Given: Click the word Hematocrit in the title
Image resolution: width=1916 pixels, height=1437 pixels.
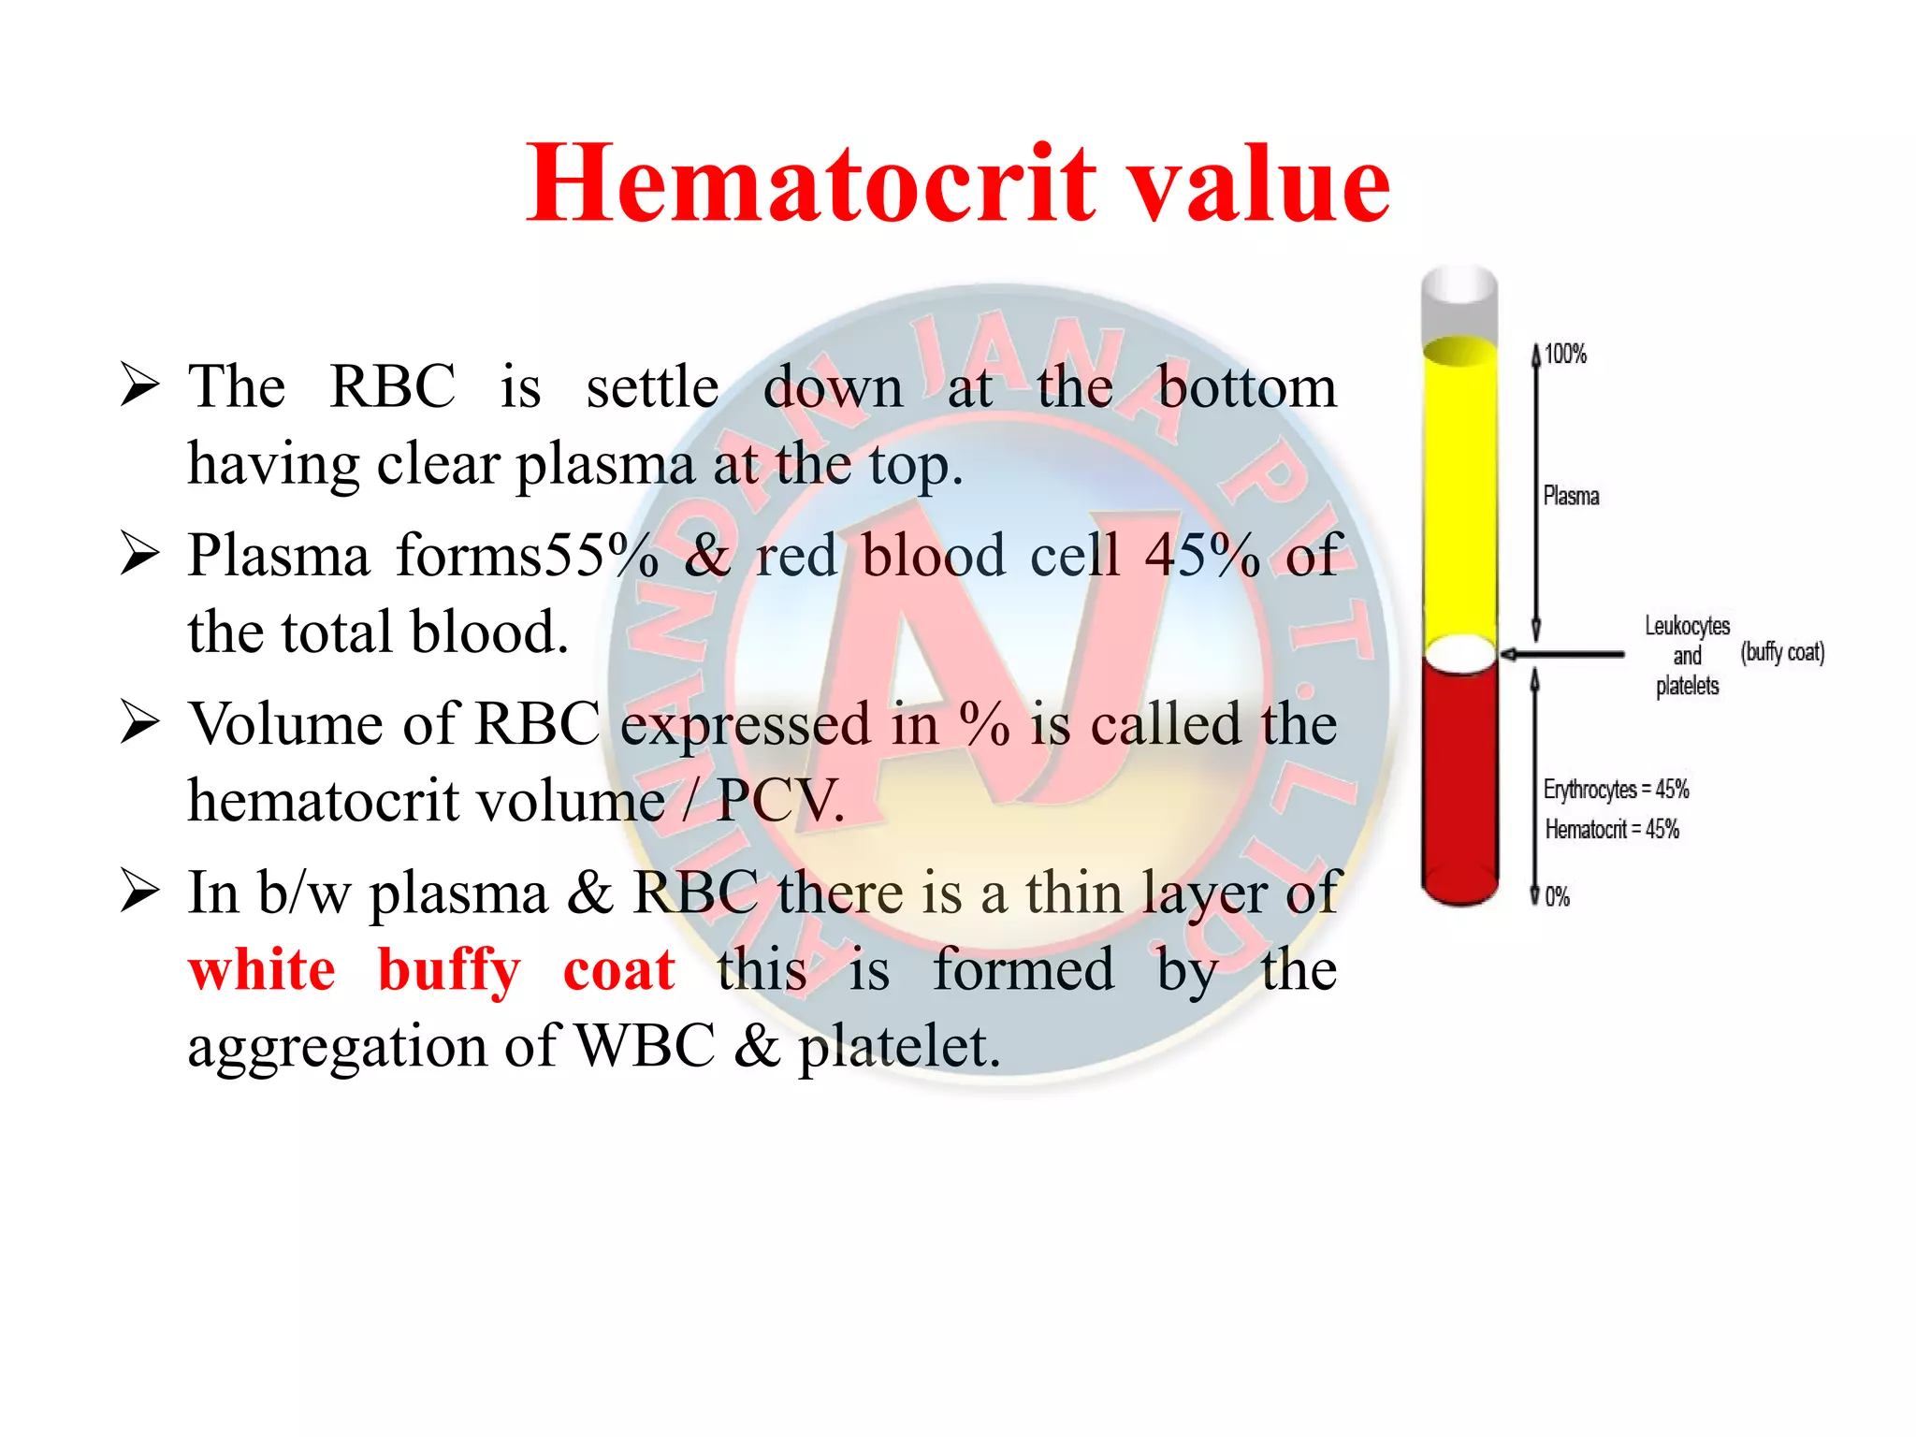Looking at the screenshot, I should point(810,183).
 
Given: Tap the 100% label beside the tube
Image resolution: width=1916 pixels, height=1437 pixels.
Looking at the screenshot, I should point(1565,355).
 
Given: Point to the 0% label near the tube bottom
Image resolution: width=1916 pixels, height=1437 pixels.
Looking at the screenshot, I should point(1557,897).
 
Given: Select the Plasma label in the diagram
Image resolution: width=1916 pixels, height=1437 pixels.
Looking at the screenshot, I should point(1571,496).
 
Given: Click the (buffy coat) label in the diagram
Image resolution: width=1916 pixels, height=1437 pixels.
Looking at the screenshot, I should point(1782,652).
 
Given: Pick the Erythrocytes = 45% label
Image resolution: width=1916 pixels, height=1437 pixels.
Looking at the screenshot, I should point(1616,790).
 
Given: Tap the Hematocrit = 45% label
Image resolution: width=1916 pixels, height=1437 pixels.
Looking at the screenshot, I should point(1612,829).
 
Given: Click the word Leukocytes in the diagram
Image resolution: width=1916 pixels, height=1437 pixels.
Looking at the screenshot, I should point(1687,625).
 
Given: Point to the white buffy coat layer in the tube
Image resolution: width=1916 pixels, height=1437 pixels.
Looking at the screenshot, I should point(1459,653).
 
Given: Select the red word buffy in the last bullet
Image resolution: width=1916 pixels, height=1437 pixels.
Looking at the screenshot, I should point(448,970).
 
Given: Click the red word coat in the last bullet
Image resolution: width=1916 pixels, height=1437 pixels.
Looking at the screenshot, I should point(618,970).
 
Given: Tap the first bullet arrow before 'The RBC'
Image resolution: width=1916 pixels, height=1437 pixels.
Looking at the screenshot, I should point(140,385).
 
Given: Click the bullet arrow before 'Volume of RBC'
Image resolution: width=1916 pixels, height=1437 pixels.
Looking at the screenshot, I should point(140,723).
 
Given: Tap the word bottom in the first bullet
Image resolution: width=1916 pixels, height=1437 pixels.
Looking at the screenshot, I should point(1247,385).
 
